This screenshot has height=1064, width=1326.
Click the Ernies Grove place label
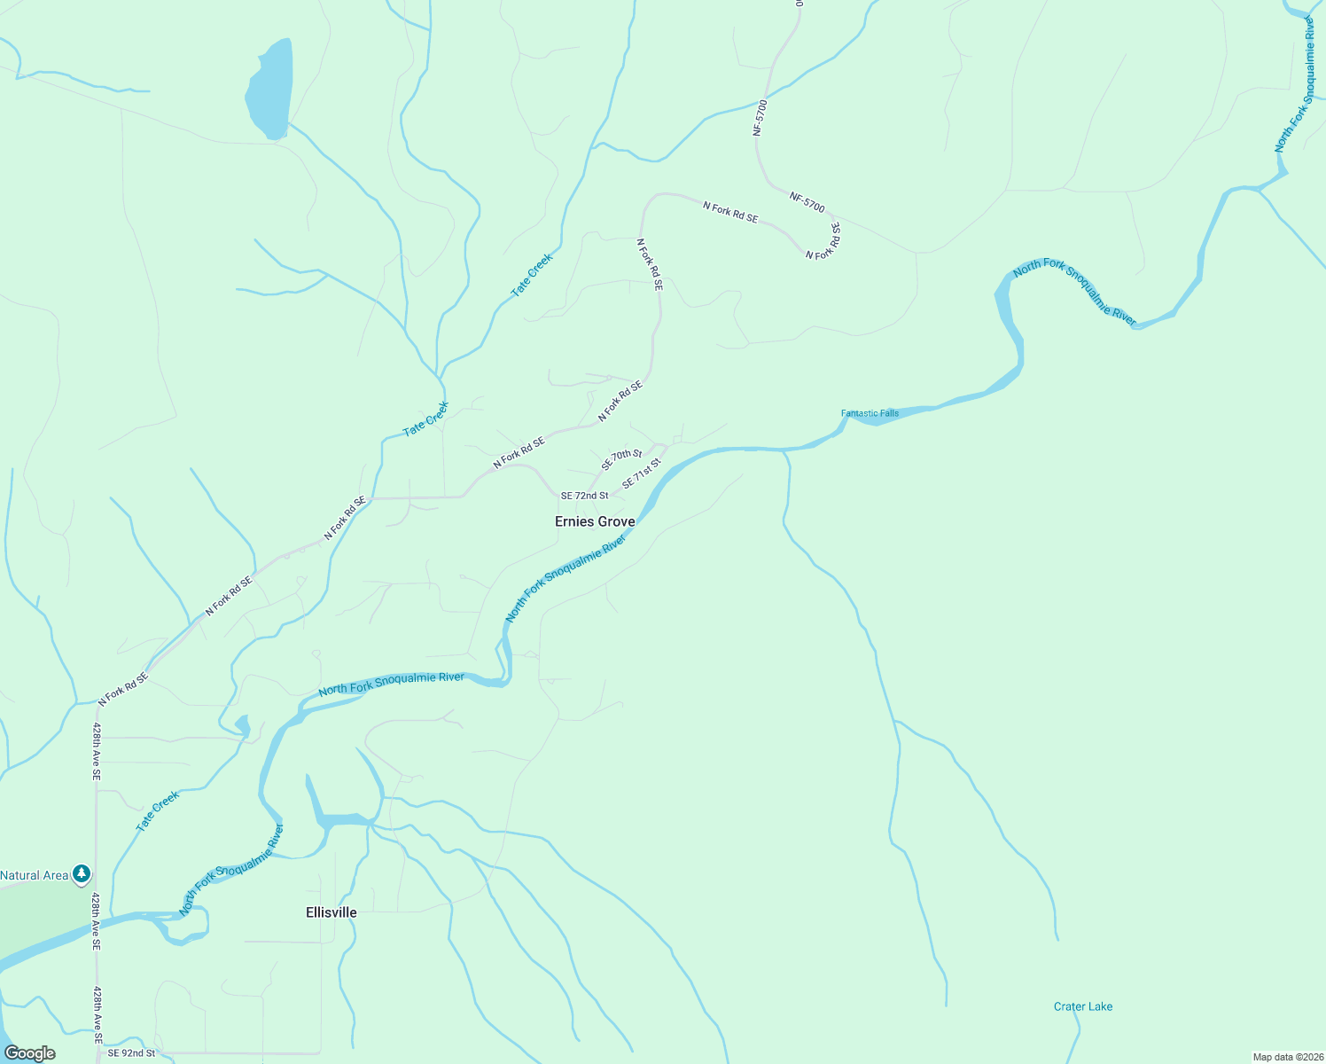point(595,521)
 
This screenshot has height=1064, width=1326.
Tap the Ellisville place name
point(331,912)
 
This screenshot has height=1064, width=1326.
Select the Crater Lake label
point(1082,1006)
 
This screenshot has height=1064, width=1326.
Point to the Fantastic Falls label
point(870,413)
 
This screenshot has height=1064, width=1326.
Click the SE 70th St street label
point(621,459)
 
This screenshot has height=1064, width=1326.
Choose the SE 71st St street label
point(642,473)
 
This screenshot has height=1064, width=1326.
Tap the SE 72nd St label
point(584,496)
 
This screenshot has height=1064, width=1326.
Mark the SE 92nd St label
point(131,1053)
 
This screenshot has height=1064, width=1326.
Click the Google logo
point(30,1053)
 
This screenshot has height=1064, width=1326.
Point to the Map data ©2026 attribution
point(1286,1057)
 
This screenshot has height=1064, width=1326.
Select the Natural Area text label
point(34,875)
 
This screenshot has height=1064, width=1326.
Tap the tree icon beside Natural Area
point(82,875)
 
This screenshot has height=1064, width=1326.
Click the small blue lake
point(269,89)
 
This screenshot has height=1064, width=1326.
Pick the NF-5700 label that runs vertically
point(760,117)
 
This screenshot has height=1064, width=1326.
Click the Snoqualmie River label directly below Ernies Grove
point(565,577)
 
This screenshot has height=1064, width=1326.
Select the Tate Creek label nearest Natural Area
point(157,810)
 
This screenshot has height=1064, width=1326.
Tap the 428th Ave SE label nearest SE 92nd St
point(97,1014)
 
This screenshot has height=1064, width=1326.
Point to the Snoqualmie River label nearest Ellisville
point(231,870)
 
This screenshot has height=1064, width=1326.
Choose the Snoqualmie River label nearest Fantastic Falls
point(1074,293)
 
